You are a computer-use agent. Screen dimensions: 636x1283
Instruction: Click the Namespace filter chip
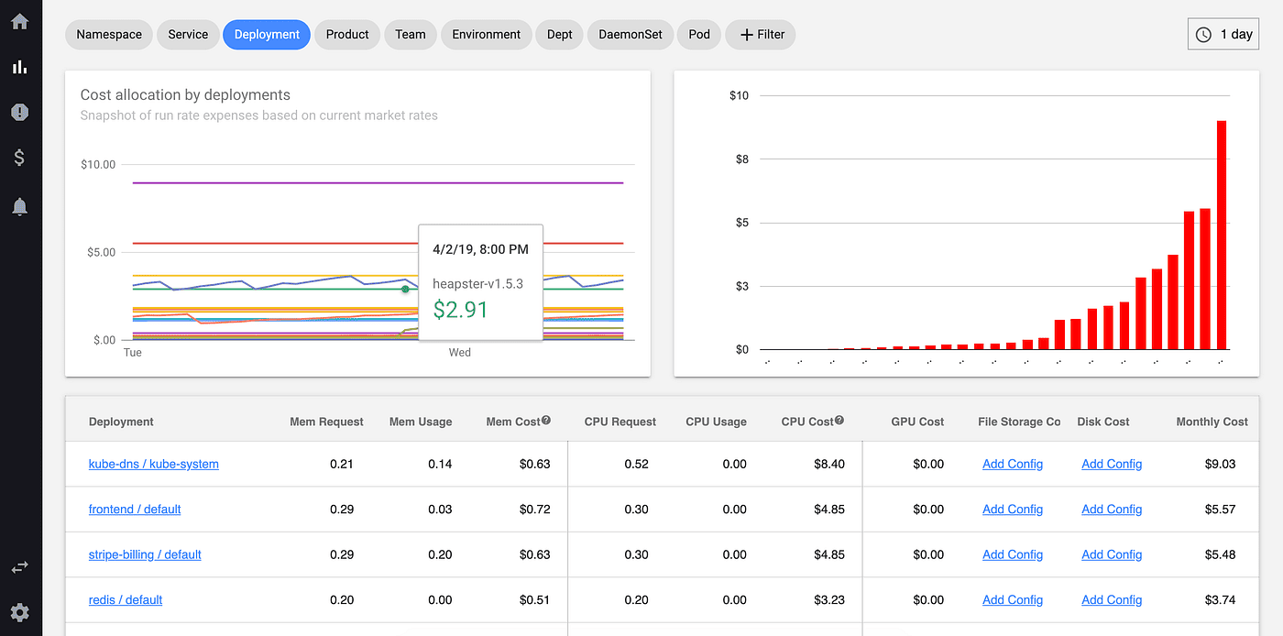coord(109,35)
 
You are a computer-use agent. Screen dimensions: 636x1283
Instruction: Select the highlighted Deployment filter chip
coord(267,35)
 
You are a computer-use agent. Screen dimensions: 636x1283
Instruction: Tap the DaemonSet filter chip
coord(631,35)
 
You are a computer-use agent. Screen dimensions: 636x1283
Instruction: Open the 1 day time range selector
coord(1223,35)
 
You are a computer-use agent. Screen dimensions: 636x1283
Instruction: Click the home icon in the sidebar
coord(19,21)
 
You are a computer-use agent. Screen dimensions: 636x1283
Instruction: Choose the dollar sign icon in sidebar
coord(19,158)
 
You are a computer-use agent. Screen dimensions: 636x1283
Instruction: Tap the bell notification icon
coord(19,207)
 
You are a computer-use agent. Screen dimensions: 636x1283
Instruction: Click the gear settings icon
coord(19,612)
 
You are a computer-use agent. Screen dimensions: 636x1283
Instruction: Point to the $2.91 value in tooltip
coord(460,310)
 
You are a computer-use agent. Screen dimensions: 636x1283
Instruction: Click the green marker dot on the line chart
coord(405,289)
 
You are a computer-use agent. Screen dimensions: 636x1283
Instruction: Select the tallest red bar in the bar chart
coord(1222,235)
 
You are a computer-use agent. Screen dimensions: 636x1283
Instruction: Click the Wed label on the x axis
coord(459,353)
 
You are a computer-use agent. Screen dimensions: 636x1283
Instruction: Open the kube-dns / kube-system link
coord(153,464)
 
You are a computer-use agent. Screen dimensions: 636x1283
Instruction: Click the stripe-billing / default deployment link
coord(145,554)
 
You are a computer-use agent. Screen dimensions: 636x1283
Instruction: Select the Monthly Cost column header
coord(1212,422)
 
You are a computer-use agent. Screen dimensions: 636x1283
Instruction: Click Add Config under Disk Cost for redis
coord(1112,600)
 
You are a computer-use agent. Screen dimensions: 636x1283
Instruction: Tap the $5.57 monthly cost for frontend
coord(1220,510)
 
